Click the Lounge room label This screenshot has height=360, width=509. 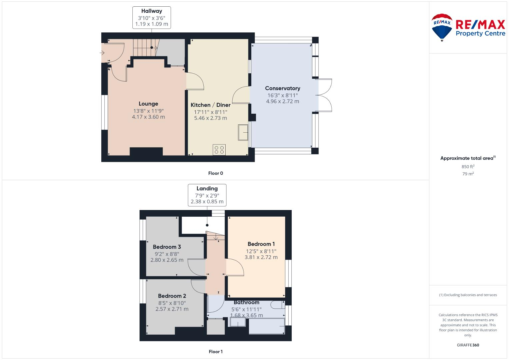coord(148,104)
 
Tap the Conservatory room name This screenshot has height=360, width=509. coord(283,88)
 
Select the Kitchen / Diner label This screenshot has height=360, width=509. coord(210,105)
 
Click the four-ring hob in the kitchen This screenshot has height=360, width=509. coord(219,150)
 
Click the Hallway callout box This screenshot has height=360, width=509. coord(152,17)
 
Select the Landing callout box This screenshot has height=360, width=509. coord(207,195)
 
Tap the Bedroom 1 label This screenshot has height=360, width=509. coord(261,244)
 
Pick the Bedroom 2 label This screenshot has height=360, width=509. coord(172,296)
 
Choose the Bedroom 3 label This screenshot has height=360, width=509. coord(167,247)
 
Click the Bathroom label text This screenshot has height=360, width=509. coord(246,302)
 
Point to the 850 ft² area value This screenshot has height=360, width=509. coord(468,167)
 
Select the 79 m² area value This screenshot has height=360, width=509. coord(468,174)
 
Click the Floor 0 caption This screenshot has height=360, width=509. coord(215,173)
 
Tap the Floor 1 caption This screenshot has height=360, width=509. coord(215,352)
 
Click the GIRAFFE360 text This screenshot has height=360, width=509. coord(468,345)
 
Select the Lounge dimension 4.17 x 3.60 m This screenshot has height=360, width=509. coord(148,117)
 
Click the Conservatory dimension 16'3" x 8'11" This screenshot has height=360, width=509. coord(283,95)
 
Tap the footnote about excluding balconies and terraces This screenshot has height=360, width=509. coord(468,295)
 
